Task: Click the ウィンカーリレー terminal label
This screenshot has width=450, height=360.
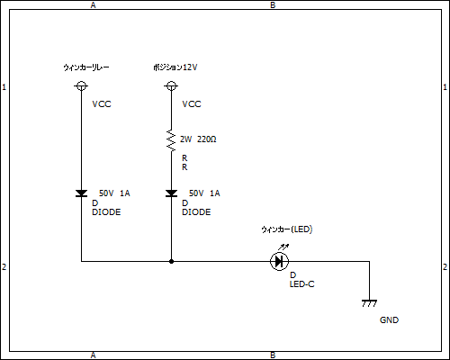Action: [x=86, y=67]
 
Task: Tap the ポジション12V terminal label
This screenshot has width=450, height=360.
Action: [x=175, y=67]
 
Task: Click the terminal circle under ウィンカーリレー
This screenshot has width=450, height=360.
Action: [x=81, y=86]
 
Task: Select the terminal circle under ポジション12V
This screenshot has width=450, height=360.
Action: [x=171, y=86]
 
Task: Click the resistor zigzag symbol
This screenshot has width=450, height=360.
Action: [x=171, y=140]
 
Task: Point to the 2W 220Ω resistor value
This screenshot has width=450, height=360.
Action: [x=198, y=139]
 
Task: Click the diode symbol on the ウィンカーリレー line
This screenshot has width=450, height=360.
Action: [x=81, y=193]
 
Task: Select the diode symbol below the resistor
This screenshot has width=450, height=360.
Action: [x=171, y=193]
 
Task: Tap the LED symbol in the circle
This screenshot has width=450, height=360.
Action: [x=280, y=261]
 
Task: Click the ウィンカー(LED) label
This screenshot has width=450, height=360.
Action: [x=287, y=229]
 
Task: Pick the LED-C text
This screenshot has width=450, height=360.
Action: [x=301, y=284]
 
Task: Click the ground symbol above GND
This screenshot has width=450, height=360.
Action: [x=369, y=303]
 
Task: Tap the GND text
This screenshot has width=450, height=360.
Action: [x=389, y=320]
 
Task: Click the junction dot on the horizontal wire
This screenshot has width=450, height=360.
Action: [x=171, y=261]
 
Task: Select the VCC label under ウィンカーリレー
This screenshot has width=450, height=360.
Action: [x=102, y=104]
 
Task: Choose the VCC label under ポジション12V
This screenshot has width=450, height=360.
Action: [x=192, y=104]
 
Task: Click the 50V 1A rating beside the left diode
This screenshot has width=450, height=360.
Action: [x=114, y=193]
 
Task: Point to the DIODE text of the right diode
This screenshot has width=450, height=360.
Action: [x=196, y=212]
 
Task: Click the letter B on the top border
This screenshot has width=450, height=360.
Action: [x=273, y=5]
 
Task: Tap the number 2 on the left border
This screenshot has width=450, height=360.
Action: [x=4, y=266]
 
